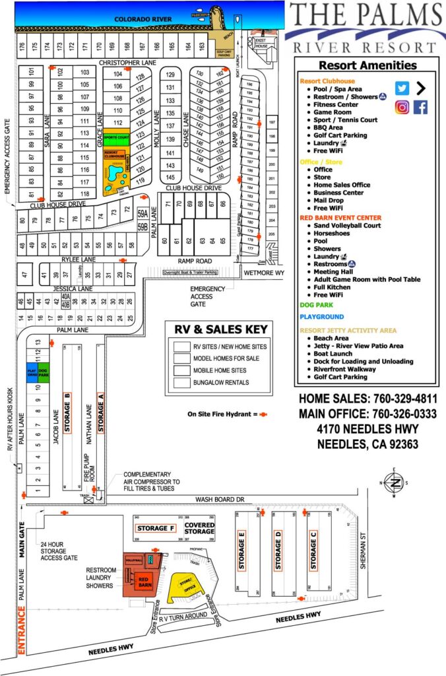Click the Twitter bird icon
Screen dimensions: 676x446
pyautogui.click(x=402, y=88)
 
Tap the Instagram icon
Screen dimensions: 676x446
pyautogui.click(x=402, y=107)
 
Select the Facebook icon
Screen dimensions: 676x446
pyautogui.click(x=420, y=107)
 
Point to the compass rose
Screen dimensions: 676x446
pyautogui.click(x=394, y=483)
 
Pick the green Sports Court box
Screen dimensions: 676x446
pyautogui.click(x=115, y=140)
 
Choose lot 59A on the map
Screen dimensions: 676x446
pyautogui.click(x=142, y=214)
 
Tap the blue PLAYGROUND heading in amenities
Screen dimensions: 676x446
pyautogui.click(x=321, y=317)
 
